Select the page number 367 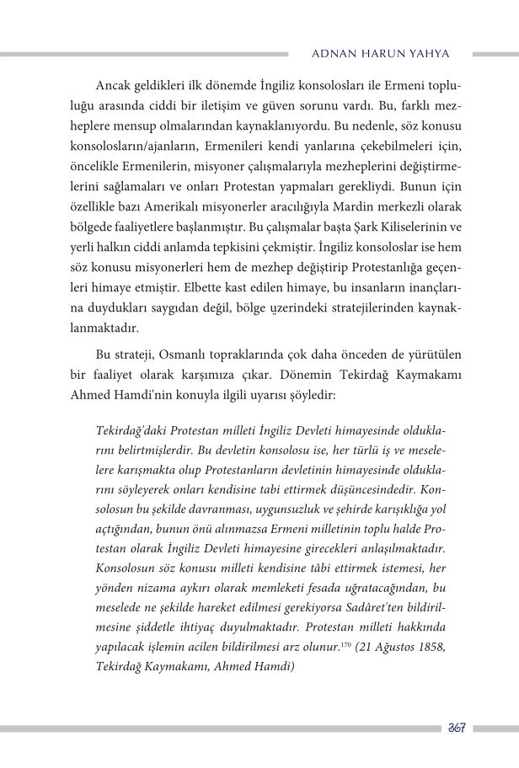point(457,728)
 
